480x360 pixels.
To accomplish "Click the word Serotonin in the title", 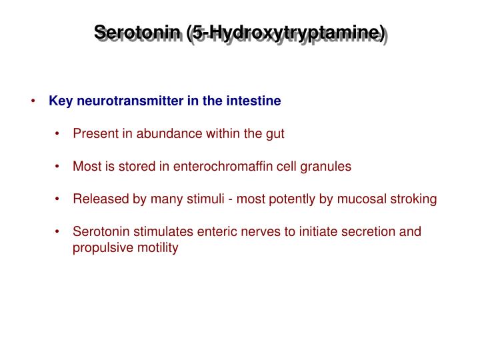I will coord(139,33).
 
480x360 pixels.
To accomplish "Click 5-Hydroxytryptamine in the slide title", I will coord(287,33).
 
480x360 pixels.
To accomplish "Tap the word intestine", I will coord(256,101).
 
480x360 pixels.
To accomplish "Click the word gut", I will coord(275,133).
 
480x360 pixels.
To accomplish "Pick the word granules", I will coord(325,167).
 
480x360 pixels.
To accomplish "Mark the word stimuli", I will coord(217,199).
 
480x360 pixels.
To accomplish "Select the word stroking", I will coord(413,199).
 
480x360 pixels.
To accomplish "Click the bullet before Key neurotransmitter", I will coord(34,101).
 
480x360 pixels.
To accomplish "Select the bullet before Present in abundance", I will coord(59,133).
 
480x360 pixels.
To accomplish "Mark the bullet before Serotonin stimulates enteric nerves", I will coord(59,232).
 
